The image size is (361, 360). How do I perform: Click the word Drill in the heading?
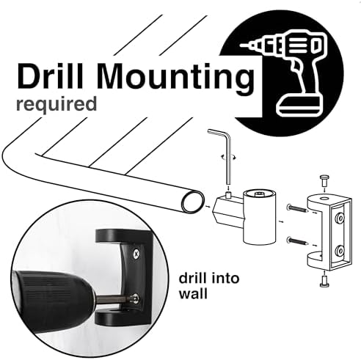tap(51, 76)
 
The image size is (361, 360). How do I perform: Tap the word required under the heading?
tap(56, 104)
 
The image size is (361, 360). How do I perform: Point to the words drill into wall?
tap(209, 286)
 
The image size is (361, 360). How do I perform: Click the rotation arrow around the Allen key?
tap(229, 157)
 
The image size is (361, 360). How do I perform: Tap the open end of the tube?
tap(193, 202)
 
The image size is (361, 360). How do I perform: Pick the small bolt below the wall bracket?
tap(324, 281)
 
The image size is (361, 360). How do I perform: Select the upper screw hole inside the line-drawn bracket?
tap(340, 217)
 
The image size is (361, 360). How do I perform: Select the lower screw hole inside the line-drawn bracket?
tap(340, 250)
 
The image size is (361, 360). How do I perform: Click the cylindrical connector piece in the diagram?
tap(259, 218)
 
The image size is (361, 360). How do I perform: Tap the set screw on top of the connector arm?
tap(228, 195)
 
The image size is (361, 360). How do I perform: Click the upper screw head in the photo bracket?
tap(136, 254)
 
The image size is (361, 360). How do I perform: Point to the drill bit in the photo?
tap(115, 299)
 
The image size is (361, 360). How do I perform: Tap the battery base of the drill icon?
tap(299, 106)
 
